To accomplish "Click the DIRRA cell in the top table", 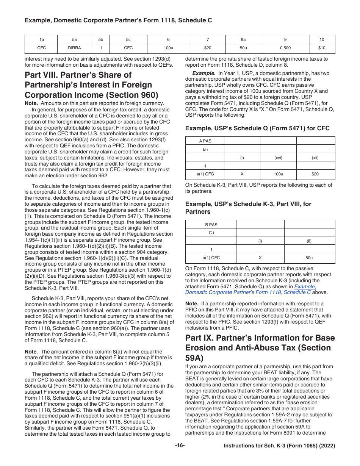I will point(74,48).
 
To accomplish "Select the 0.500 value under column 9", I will point(285,48).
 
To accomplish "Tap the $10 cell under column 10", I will point(322,48).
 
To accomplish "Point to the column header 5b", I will point(101,39).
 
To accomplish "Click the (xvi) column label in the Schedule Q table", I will point(278,158).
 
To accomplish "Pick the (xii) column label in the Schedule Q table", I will point(315,158).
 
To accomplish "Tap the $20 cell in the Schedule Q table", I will point(315,174).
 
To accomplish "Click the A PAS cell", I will point(205,141).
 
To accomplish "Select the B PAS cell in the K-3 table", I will point(211,224).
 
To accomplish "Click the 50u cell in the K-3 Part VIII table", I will point(309,258).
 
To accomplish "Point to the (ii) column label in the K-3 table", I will point(309,241).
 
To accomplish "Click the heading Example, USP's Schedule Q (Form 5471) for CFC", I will point(257,128).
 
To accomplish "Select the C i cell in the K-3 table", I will point(211,233).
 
